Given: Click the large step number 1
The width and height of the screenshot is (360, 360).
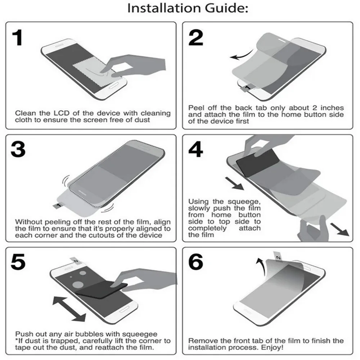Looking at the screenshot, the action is point(18,37).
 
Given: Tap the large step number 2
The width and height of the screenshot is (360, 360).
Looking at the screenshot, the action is point(195,37).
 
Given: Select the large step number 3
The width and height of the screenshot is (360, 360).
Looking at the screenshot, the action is point(18,149).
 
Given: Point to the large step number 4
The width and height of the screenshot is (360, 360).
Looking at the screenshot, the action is point(195,149).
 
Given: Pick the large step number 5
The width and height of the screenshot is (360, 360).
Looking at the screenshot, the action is point(18,262).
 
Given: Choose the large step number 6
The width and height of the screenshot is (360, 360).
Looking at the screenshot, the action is point(195,262).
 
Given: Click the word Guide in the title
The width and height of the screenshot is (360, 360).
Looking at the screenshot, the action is point(226,8).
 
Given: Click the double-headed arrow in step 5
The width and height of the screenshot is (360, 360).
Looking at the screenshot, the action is point(69,309).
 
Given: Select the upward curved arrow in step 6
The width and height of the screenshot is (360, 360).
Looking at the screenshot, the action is point(262,266).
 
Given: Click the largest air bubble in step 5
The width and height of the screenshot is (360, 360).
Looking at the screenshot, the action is point(78,285).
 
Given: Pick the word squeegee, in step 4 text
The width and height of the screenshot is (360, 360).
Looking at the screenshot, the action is point(244,202).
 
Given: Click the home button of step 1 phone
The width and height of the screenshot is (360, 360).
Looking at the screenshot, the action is point(113,87).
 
